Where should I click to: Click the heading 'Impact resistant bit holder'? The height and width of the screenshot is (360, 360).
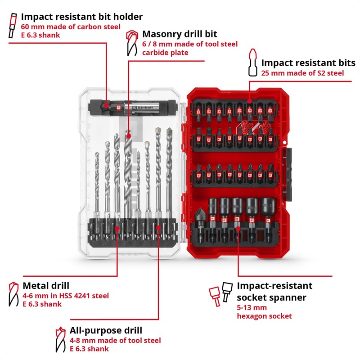coord(81,17)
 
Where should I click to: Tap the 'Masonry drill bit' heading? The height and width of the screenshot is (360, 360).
coord(180,34)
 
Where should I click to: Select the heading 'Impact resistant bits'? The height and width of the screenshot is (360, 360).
coord(308,63)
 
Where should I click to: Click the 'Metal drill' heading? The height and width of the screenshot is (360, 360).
coord(46,286)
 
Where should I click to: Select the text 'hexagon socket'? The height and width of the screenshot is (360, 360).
coord(264,316)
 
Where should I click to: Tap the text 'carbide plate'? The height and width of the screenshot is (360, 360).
coord(165,53)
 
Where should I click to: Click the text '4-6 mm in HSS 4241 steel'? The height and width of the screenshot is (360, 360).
coord(66,296)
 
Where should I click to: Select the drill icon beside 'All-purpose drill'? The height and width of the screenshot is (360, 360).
coord(59,339)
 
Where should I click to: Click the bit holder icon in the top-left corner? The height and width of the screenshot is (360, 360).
coord(12,27)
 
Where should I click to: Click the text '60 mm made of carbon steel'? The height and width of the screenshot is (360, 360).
coord(71,27)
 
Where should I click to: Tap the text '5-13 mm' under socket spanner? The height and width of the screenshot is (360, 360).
coord(252,308)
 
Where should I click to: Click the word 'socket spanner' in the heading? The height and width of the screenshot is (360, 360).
coord(271,297)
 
